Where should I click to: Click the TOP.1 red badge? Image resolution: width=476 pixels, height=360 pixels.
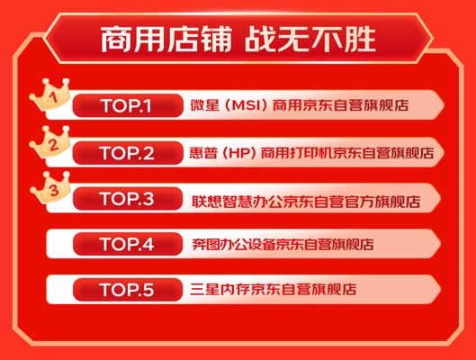click(x=128, y=105)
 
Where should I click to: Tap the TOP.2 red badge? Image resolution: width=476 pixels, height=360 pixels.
click(x=128, y=153)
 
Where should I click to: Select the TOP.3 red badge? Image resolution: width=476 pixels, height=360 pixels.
click(x=128, y=199)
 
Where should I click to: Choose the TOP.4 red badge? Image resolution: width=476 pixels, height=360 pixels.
click(x=128, y=244)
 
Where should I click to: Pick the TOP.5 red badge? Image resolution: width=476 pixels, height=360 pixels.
click(x=128, y=290)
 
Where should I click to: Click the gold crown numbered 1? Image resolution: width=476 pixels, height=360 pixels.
click(x=50, y=94)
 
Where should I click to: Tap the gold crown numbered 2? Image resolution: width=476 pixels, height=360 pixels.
click(x=50, y=142)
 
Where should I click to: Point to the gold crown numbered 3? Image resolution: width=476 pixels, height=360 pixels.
click(x=50, y=187)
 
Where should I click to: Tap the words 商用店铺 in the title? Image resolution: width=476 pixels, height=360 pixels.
click(x=166, y=40)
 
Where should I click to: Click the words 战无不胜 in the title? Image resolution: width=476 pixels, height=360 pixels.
click(x=310, y=40)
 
